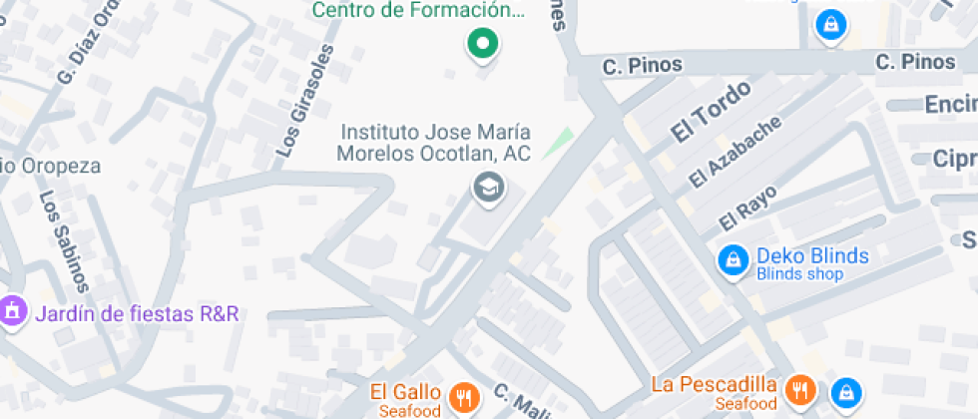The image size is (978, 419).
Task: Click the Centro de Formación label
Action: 418,11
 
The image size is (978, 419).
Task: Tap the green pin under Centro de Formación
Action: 484,43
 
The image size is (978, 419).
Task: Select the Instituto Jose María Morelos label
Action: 434,143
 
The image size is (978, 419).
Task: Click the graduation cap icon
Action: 488,187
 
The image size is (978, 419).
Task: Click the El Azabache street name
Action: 735,152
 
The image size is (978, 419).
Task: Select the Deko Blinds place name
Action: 811,255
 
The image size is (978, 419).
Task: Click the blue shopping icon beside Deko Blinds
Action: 733,260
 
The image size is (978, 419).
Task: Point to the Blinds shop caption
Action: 799,274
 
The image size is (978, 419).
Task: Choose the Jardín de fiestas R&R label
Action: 137,314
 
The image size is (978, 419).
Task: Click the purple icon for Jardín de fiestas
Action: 13,311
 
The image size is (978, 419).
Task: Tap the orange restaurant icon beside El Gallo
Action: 463,398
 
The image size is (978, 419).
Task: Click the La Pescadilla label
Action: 714,384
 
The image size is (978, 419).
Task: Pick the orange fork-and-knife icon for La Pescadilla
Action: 800,390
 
